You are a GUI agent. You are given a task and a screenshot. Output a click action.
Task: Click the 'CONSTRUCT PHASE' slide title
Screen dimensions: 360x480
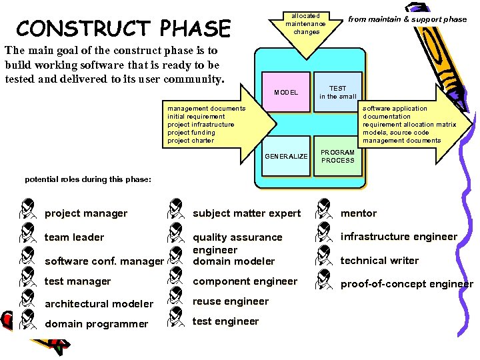123,29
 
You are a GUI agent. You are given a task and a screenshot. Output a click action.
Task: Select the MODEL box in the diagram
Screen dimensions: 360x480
286,92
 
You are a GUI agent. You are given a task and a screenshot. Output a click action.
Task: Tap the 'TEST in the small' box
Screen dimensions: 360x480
338,92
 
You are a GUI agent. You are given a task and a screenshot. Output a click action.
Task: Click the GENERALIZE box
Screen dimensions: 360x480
286,157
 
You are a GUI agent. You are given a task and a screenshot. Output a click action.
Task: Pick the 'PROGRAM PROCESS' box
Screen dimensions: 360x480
338,157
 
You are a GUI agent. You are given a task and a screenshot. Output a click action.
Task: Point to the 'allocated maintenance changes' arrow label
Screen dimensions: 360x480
306,23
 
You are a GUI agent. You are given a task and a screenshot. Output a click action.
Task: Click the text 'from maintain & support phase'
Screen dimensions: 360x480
407,19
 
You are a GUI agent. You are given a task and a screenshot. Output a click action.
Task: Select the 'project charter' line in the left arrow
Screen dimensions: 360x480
191,141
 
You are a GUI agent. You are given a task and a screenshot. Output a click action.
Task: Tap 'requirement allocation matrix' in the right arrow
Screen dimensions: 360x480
409,125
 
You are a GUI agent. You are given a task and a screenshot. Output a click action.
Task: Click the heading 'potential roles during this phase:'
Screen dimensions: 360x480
88,179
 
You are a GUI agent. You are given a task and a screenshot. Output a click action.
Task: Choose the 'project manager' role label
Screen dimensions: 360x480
85,213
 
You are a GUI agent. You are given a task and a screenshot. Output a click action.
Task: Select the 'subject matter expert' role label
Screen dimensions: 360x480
247,213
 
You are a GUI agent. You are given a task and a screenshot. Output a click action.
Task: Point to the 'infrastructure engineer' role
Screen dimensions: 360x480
399,237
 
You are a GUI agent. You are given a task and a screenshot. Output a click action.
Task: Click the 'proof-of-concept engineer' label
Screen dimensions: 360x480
407,284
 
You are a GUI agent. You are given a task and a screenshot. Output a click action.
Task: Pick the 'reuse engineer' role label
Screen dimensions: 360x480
231,301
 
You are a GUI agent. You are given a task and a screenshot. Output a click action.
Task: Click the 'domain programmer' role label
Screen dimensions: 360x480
96,324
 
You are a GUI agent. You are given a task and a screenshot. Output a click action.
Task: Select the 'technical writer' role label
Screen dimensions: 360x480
379,261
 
